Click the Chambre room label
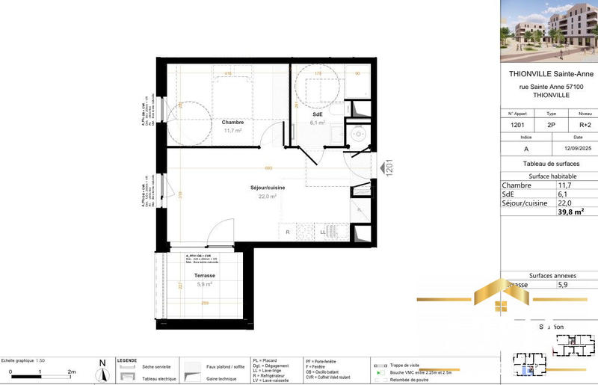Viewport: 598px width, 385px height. [232, 122]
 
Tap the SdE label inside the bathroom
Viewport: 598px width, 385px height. [318, 114]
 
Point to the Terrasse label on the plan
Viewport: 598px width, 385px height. [198, 275]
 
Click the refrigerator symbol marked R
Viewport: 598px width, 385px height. [288, 232]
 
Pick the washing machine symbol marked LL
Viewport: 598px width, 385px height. [323, 232]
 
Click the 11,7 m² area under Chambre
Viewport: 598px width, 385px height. [232, 130]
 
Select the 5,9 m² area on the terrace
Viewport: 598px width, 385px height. [203, 284]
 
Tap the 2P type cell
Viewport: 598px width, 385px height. [552, 126]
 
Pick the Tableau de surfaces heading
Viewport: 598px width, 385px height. [548, 164]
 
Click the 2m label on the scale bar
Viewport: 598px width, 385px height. [72, 372]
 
